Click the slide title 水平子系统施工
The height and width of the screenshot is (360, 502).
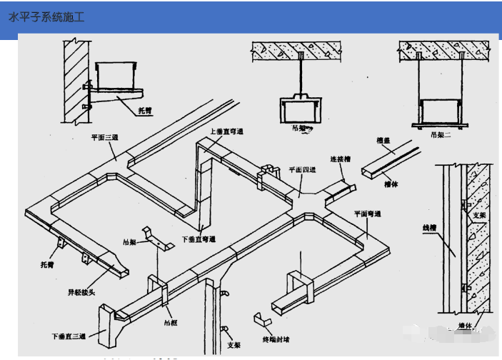coord(46,16)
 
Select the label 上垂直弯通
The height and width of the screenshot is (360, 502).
coord(227,131)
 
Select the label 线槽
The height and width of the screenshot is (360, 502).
coord(428,229)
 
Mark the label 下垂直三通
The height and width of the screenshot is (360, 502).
coord(69,334)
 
